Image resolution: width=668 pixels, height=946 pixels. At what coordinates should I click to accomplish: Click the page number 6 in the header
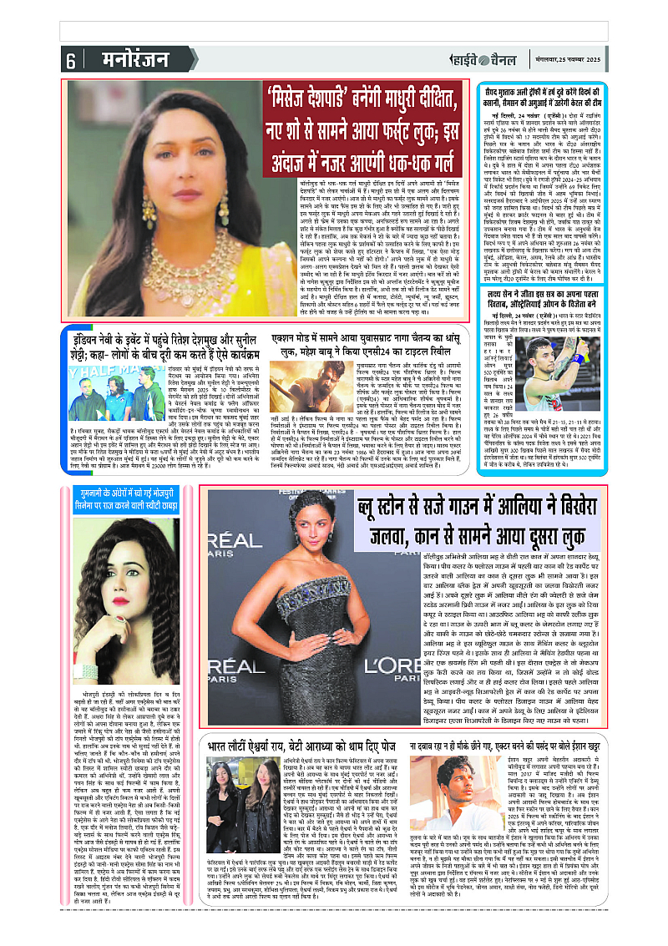pos(70,60)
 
